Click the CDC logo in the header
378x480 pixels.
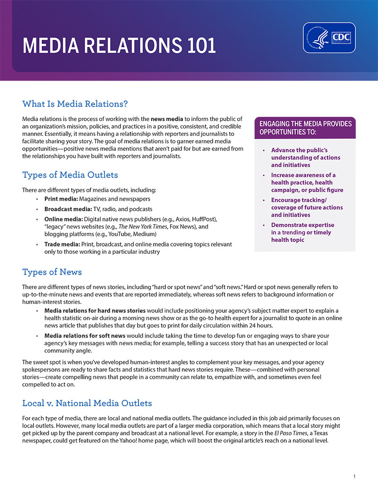click(330, 38)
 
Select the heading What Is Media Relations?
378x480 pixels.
click(75, 104)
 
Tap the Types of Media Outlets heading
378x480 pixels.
click(70, 175)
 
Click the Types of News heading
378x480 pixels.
click(52, 272)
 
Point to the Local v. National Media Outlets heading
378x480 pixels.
click(87, 403)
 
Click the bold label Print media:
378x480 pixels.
click(62, 199)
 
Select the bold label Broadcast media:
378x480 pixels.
click(69, 209)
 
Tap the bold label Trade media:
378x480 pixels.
click(62, 244)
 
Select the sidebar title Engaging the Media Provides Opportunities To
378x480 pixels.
click(305, 127)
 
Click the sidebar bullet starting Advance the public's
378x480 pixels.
click(305, 158)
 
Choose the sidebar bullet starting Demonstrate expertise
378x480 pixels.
click(302, 232)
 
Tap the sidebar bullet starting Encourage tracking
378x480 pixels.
click(307, 207)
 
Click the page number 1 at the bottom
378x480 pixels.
click(354, 476)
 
